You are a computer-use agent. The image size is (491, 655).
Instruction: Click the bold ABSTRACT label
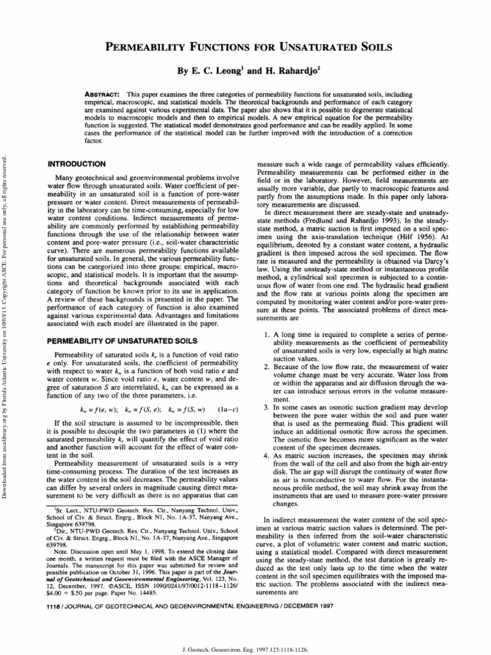[103, 94]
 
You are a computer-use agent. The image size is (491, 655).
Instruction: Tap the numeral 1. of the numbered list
[268, 335]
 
